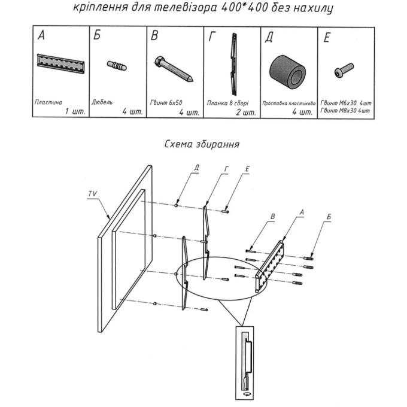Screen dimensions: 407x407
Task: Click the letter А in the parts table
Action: click(41, 35)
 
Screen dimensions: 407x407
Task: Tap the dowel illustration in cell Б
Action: click(117, 65)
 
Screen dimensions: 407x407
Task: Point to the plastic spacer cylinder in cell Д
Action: click(287, 72)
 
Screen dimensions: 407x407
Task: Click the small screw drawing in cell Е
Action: click(344, 70)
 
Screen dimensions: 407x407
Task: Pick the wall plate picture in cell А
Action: click(60, 64)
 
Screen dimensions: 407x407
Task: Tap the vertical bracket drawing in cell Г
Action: click(234, 64)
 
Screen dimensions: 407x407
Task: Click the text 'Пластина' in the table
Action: click(48, 102)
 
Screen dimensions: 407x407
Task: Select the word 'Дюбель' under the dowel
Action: click(102, 102)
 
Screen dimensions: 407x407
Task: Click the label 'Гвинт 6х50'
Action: click(166, 103)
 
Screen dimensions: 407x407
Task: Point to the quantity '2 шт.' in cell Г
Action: click(246, 113)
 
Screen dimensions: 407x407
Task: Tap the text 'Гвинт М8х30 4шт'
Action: click(345, 111)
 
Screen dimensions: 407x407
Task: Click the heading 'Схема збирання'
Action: click(202, 144)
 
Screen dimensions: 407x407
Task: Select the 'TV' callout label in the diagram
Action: click(92, 194)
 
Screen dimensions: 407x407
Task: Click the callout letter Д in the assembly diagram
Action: click(196, 168)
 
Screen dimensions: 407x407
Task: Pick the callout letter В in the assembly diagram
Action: click(272, 217)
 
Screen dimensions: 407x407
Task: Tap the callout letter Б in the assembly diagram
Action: click(329, 217)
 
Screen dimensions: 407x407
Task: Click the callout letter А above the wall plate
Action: click(302, 212)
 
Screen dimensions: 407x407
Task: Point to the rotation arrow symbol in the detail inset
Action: click(247, 394)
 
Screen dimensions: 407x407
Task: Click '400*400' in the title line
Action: click(245, 8)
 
